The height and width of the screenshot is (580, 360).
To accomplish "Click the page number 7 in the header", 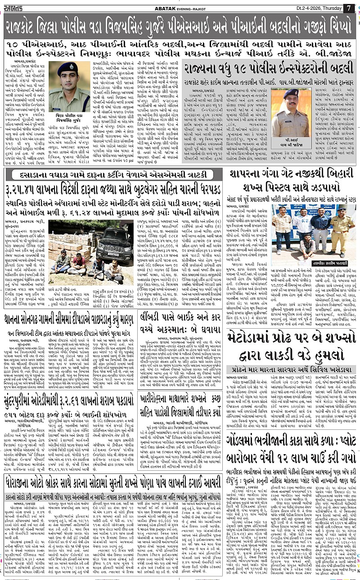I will (x=349, y=7).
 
